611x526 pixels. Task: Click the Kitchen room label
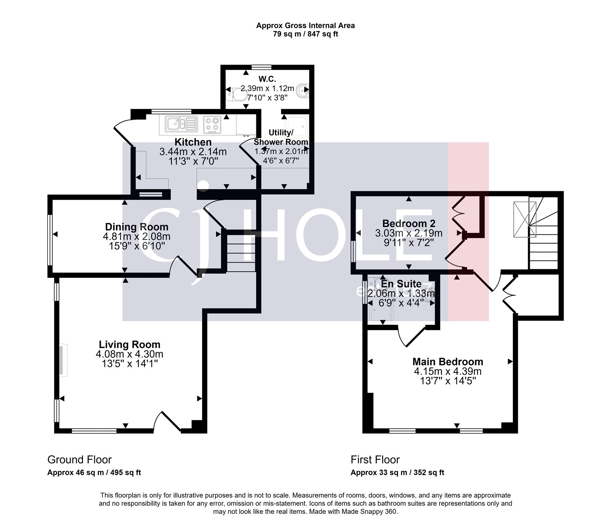point(193,142)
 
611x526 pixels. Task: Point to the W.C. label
point(267,79)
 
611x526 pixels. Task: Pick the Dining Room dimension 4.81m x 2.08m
point(137,237)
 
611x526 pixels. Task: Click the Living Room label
point(129,345)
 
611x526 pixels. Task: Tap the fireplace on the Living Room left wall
point(63,361)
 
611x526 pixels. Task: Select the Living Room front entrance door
point(167,422)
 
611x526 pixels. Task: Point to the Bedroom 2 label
point(409,223)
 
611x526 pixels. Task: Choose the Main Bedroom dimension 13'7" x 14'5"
point(448,381)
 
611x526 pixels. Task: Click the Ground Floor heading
point(79,460)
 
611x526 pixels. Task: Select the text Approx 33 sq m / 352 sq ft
point(397,473)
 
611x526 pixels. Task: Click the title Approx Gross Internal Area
point(305,26)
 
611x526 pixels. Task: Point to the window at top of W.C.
point(261,67)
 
